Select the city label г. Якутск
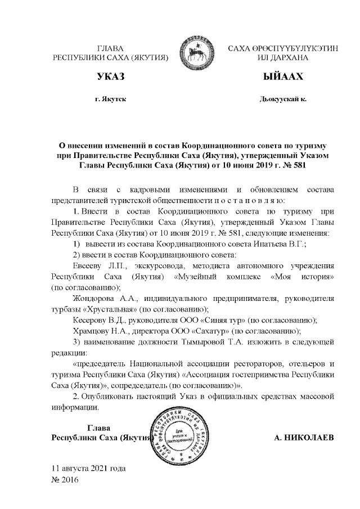click(x=110, y=99)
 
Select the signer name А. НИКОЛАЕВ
click(x=304, y=437)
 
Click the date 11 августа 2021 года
click(x=88, y=468)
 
